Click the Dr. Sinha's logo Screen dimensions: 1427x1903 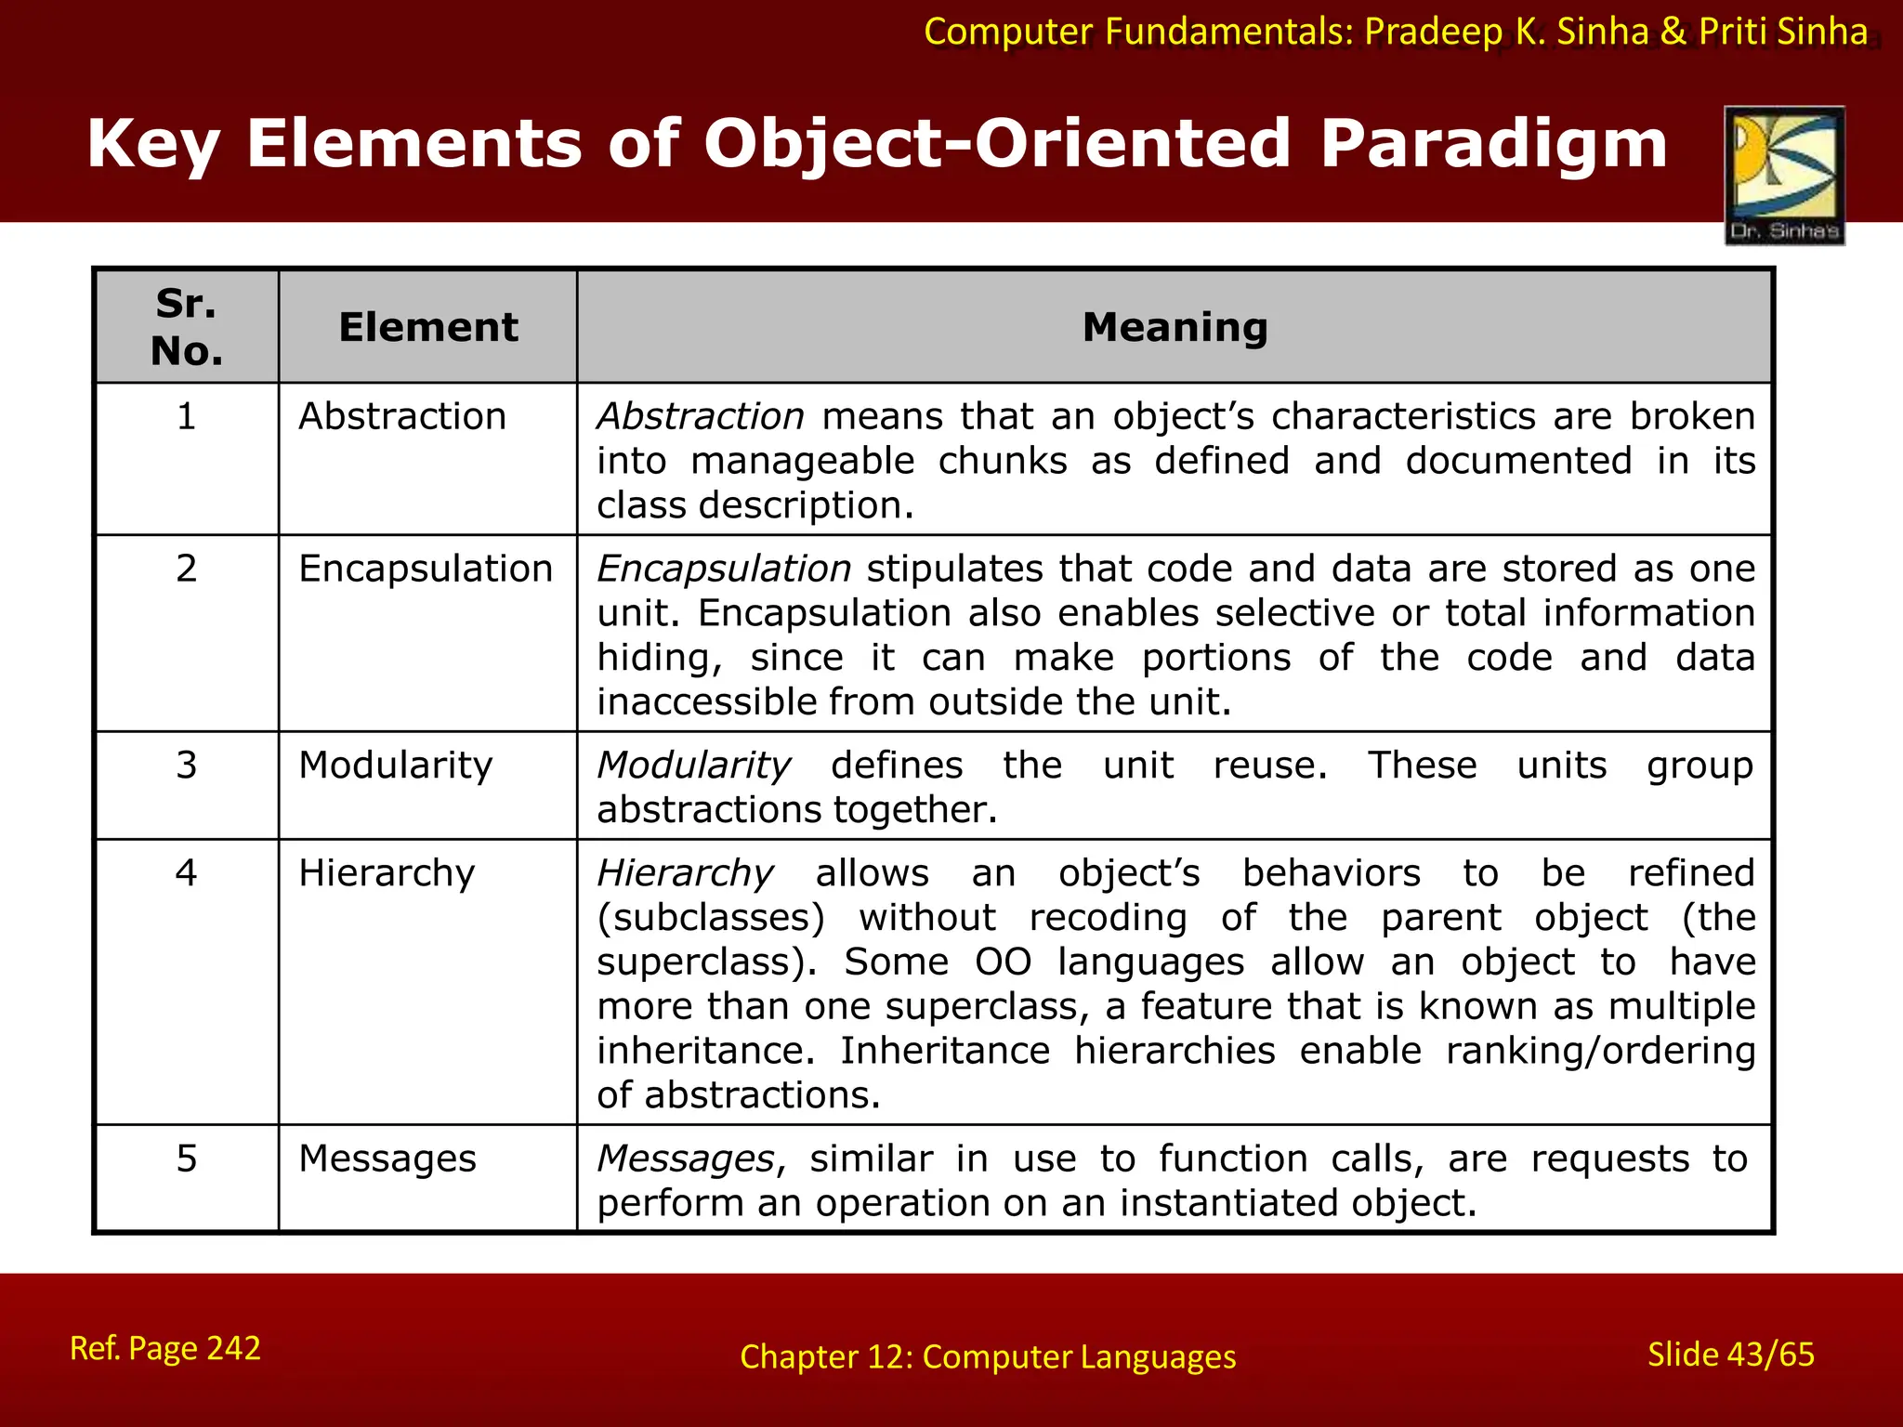(x=1784, y=176)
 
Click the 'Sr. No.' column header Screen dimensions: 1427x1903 (x=187, y=327)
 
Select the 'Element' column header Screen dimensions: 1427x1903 (x=428, y=327)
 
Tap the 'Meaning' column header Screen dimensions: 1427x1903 (x=1175, y=327)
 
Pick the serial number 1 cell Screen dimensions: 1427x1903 (x=187, y=416)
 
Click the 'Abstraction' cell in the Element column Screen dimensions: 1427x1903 (x=402, y=416)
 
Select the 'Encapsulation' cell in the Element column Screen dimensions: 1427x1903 (x=426, y=569)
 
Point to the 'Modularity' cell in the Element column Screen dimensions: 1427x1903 (x=396, y=766)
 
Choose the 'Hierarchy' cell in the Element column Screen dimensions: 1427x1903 (x=387, y=873)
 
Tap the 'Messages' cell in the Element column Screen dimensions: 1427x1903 (x=387, y=1159)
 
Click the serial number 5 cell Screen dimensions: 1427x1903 (x=187, y=1159)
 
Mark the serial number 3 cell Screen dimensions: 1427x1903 (x=187, y=766)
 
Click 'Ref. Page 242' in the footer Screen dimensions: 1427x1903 (x=165, y=1348)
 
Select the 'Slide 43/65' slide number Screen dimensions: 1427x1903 (x=1730, y=1355)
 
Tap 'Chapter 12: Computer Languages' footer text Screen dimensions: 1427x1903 (x=988, y=1357)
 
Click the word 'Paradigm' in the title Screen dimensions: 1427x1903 (x=1494, y=145)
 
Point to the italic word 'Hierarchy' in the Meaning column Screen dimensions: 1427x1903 (x=685, y=873)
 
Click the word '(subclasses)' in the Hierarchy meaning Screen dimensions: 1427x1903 (x=711, y=918)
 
